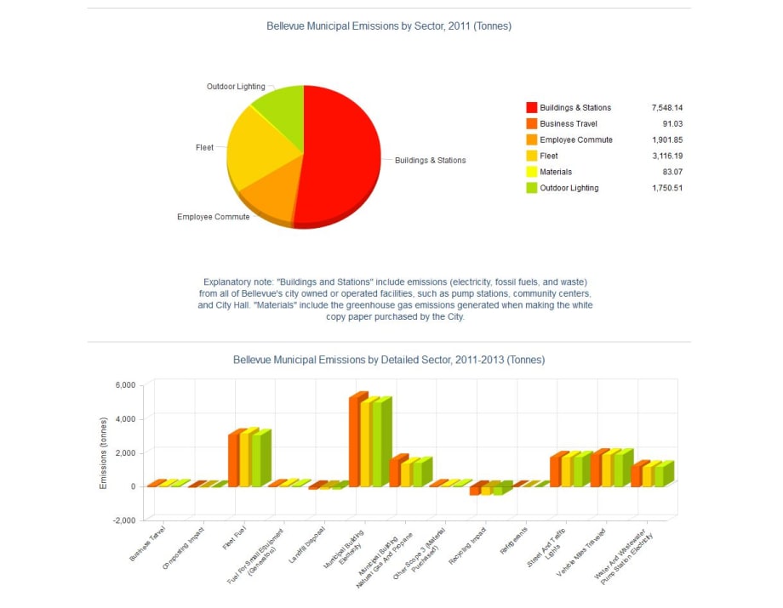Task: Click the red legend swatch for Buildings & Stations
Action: tap(532, 108)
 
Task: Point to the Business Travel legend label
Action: tap(569, 124)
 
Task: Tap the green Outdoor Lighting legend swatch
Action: tap(532, 189)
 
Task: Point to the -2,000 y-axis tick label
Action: tap(123, 520)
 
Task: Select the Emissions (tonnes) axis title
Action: tap(104, 452)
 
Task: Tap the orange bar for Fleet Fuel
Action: tap(234, 459)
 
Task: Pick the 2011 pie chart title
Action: tap(389, 26)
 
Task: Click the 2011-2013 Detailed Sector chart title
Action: tap(389, 360)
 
